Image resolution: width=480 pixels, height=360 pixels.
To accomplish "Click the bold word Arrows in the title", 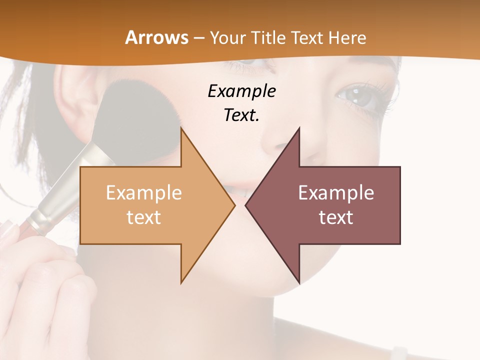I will point(157,37).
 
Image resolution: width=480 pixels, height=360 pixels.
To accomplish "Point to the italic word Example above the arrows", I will point(241,91).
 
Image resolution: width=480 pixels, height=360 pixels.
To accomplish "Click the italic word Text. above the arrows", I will point(241,115).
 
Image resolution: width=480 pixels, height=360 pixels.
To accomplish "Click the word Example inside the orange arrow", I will point(143,193).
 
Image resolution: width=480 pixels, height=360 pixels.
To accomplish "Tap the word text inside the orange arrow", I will point(143,217).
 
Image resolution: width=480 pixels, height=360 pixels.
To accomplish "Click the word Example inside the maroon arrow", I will point(336,193).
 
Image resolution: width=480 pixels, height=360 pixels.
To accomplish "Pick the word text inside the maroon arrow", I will point(336,217).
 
